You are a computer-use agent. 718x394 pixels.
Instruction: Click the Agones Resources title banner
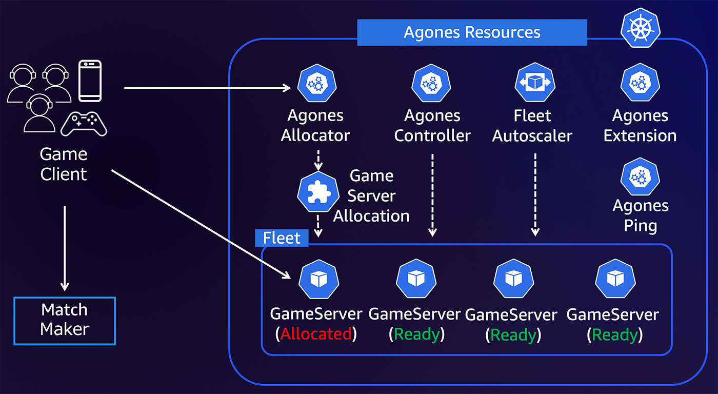pos(472,32)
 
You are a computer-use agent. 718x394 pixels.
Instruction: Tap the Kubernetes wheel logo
pos(640,28)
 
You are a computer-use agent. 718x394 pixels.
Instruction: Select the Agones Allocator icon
pos(317,84)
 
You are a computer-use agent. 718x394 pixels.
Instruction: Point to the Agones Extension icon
pos(640,84)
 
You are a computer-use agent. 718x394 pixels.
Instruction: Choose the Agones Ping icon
pos(640,178)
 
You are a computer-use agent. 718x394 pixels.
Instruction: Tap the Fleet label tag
pos(282,238)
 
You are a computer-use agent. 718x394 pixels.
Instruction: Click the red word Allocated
pos(316,334)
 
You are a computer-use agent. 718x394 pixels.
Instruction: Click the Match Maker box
pos(65,320)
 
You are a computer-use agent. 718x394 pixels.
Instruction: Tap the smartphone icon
pos(90,81)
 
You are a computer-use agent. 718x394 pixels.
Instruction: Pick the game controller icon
pos(84,124)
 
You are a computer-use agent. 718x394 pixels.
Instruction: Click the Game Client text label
pos(64,164)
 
